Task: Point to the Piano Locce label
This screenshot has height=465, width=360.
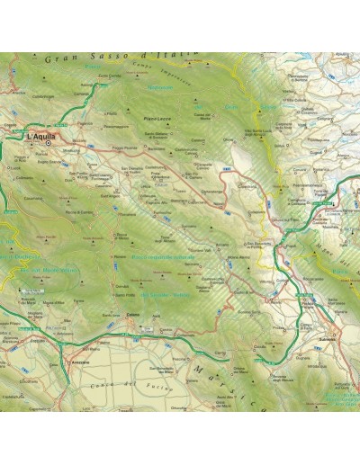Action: [157, 118]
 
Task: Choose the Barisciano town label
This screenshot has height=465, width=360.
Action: [157, 149]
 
